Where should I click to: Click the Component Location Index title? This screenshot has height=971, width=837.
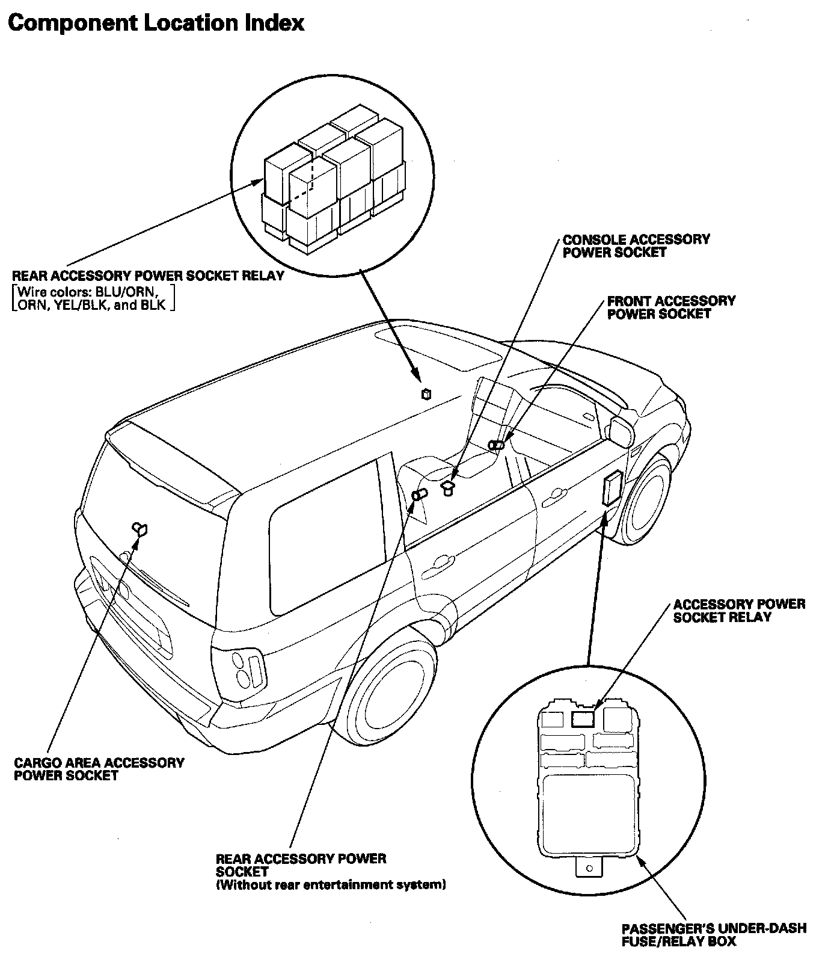pyautogui.click(x=156, y=23)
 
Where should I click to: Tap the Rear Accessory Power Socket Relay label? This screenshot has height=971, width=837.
pyautogui.click(x=148, y=276)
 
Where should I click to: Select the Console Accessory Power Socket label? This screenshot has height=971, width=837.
pyautogui.click(x=636, y=246)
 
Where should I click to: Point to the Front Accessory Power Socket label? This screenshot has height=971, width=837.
pyautogui.click(x=671, y=307)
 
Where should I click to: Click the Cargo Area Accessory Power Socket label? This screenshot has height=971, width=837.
pyautogui.click(x=99, y=769)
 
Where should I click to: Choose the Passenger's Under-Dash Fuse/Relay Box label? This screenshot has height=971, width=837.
pyautogui.click(x=714, y=935)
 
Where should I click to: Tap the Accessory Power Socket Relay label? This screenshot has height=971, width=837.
pyautogui.click(x=739, y=611)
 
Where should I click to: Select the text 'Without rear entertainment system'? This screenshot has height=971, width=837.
pyautogui.click(x=331, y=885)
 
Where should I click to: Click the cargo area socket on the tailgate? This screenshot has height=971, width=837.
pyautogui.click(x=141, y=529)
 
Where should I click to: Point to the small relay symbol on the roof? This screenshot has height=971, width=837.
pyautogui.click(x=426, y=394)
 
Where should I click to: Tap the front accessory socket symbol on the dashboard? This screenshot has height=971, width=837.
pyautogui.click(x=497, y=445)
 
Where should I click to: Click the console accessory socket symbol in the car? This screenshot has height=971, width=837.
pyautogui.click(x=448, y=487)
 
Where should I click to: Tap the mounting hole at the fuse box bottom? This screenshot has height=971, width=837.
pyautogui.click(x=589, y=868)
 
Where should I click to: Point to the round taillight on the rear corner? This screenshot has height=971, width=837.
pyautogui.click(x=242, y=662)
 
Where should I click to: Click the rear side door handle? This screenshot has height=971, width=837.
pyautogui.click(x=443, y=562)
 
